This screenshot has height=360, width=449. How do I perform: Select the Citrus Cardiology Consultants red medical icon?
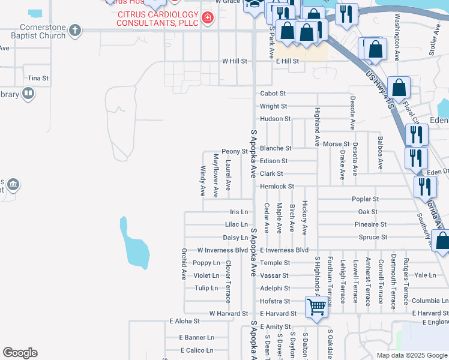click(208, 19)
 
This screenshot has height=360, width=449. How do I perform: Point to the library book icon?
click(28, 94)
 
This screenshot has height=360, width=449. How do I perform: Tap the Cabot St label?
click(273, 94)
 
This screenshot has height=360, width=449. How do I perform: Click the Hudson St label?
click(276, 119)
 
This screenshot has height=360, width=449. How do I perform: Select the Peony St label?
click(234, 151)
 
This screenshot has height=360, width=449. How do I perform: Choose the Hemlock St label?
click(277, 187)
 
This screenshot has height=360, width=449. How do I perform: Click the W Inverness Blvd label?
click(223, 250)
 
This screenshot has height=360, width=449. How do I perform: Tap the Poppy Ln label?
click(206, 263)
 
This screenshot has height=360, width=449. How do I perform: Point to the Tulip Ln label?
click(206, 288)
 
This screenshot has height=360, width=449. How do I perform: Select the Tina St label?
click(38, 79)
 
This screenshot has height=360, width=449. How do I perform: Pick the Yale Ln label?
click(425, 275)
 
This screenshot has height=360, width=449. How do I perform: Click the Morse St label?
click(336, 144)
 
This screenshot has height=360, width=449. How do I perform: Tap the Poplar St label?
click(367, 199)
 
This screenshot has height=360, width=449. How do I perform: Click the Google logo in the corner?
click(20, 353)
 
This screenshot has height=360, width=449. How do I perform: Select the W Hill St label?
click(235, 61)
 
